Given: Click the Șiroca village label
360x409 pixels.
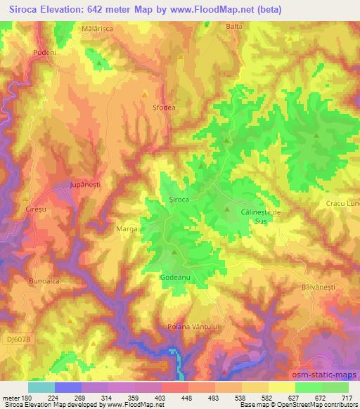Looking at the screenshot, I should (179, 200).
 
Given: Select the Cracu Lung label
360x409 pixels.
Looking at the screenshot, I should (344, 204).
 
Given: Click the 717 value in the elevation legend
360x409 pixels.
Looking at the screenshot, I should (348, 398).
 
